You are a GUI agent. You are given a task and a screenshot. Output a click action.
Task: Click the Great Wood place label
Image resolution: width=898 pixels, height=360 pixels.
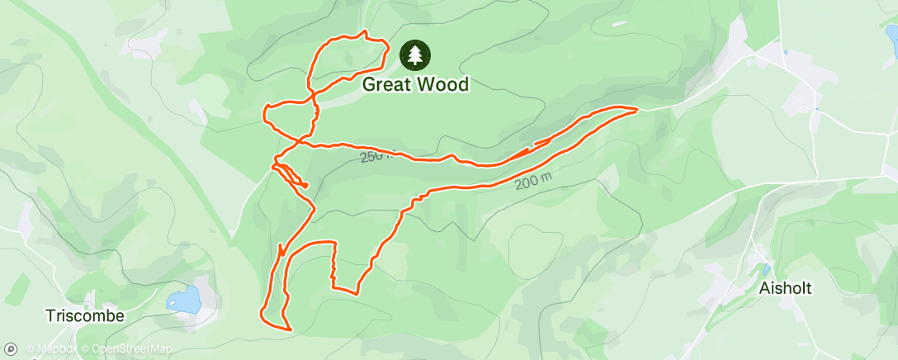pos(415,84)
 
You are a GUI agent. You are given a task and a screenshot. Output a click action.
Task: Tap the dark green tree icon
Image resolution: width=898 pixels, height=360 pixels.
pos(415,55)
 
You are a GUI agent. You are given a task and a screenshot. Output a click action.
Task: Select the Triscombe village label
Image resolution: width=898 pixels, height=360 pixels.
pos(85,316)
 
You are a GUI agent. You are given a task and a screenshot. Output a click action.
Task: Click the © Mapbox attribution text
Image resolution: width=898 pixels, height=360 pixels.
pos(53,349)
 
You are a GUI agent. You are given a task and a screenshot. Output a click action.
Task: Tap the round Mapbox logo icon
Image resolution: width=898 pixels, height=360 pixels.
pos(10,349)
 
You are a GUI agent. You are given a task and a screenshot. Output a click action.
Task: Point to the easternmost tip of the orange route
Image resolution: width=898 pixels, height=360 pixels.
pos(636,109)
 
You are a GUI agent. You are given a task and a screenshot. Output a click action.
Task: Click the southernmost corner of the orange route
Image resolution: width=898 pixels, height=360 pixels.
pos(291,329)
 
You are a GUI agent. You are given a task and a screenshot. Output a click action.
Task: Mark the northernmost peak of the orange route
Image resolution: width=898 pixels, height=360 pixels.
pos(363,32)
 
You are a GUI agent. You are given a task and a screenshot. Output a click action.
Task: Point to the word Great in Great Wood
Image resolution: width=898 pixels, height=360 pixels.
pos(388,84)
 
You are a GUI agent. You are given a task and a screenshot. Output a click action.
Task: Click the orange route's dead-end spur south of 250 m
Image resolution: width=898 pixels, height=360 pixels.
pos(307,186)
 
